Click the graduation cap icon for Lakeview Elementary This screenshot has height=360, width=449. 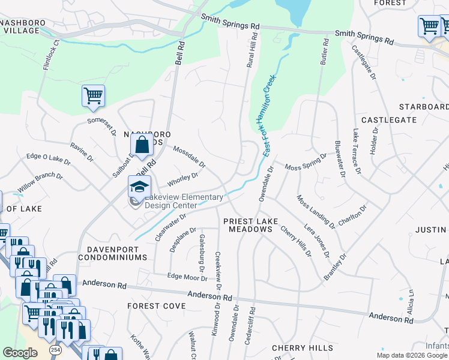point(139,187)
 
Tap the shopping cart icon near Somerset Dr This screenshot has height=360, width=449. point(93,95)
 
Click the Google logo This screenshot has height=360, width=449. point(20,353)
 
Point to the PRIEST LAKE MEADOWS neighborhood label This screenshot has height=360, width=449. point(250,225)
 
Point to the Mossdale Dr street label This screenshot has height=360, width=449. point(189,155)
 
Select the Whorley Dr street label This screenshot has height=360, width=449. point(182,178)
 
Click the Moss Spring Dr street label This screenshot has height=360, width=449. point(306,161)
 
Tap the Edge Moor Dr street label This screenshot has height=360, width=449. point(187,277)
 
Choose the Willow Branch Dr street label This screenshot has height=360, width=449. point(40,183)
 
